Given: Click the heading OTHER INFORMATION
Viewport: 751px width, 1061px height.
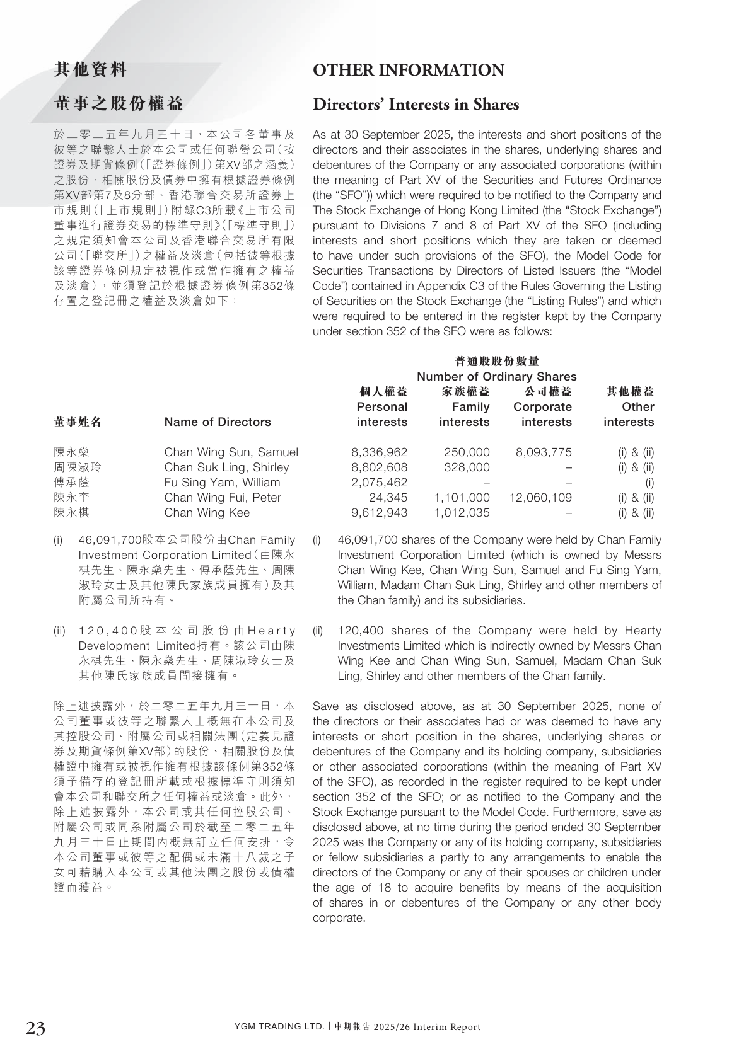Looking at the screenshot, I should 408,71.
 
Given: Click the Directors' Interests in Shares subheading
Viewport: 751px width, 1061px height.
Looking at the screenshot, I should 416,105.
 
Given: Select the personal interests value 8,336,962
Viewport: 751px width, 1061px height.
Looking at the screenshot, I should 379,452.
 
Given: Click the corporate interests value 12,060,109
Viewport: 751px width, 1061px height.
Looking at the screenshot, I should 540,498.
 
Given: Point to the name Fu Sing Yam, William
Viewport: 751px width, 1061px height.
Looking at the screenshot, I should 222,483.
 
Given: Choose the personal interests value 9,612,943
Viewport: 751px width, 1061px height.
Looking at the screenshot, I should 379,513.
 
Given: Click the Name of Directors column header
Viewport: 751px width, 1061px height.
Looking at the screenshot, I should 217,422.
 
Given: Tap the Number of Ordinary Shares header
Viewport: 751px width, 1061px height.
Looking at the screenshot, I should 497,377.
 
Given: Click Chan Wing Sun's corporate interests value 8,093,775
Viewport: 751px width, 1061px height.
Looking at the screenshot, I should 544,452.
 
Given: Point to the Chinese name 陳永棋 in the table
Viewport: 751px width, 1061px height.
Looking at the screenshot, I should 71,513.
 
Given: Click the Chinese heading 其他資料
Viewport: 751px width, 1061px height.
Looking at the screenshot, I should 91,70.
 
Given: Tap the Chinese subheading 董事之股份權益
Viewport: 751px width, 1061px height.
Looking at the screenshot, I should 119,105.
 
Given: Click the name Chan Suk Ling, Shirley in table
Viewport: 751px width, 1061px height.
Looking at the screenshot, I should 226,467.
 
